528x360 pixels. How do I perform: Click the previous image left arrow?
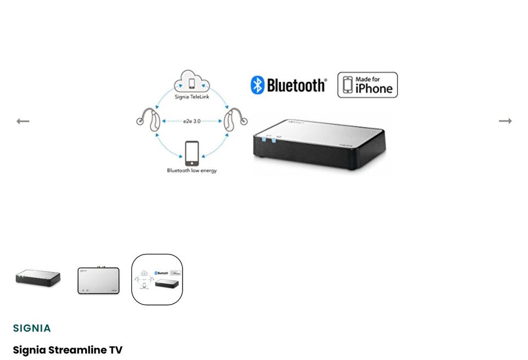click(23, 121)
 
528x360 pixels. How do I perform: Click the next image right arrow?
click(505, 121)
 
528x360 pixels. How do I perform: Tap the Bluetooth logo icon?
click(257, 85)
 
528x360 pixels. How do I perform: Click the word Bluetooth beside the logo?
click(296, 85)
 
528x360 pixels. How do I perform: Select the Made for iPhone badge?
click(367, 85)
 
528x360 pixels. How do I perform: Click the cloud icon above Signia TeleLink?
click(192, 82)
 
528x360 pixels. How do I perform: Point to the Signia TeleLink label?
click(192, 97)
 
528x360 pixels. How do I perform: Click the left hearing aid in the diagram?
click(148, 120)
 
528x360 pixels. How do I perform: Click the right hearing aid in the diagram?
click(235, 120)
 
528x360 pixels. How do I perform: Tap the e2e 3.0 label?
click(192, 121)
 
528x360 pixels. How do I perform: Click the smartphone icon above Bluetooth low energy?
click(191, 153)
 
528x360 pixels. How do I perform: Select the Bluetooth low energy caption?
click(192, 170)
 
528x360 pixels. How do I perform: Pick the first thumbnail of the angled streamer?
click(38, 278)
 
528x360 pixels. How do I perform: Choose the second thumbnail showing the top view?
click(98, 280)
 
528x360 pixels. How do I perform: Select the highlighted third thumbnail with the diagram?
click(157, 279)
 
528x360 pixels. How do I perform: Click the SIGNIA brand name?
click(32, 328)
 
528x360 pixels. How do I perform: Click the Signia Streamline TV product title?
click(68, 350)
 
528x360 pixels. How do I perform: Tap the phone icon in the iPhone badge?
click(348, 85)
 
